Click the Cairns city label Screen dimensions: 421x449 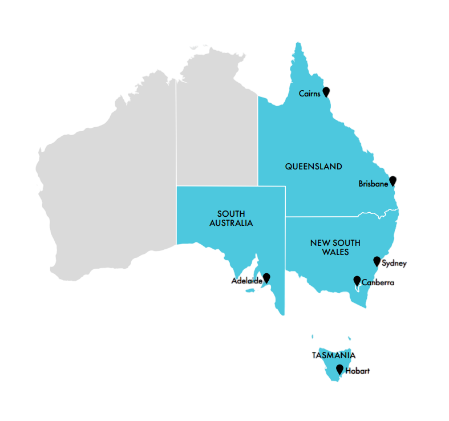click(x=310, y=94)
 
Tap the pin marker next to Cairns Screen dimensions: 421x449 click(x=326, y=91)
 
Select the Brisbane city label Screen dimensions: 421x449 click(x=373, y=184)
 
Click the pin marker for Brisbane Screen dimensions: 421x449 click(x=393, y=180)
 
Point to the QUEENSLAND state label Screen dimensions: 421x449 click(x=313, y=167)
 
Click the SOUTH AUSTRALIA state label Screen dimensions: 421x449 click(x=230, y=218)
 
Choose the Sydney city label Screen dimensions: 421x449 click(x=394, y=264)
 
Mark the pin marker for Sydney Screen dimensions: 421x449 click(x=377, y=261)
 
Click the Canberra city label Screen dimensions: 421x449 click(x=378, y=282)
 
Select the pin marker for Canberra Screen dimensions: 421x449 click(x=357, y=280)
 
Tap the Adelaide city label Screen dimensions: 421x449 click(x=246, y=281)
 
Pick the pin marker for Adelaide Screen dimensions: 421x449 click(x=266, y=278)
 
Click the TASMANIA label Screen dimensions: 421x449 click(x=334, y=355)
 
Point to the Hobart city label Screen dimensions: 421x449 click(x=358, y=371)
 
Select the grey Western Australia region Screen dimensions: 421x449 click(x=108, y=183)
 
